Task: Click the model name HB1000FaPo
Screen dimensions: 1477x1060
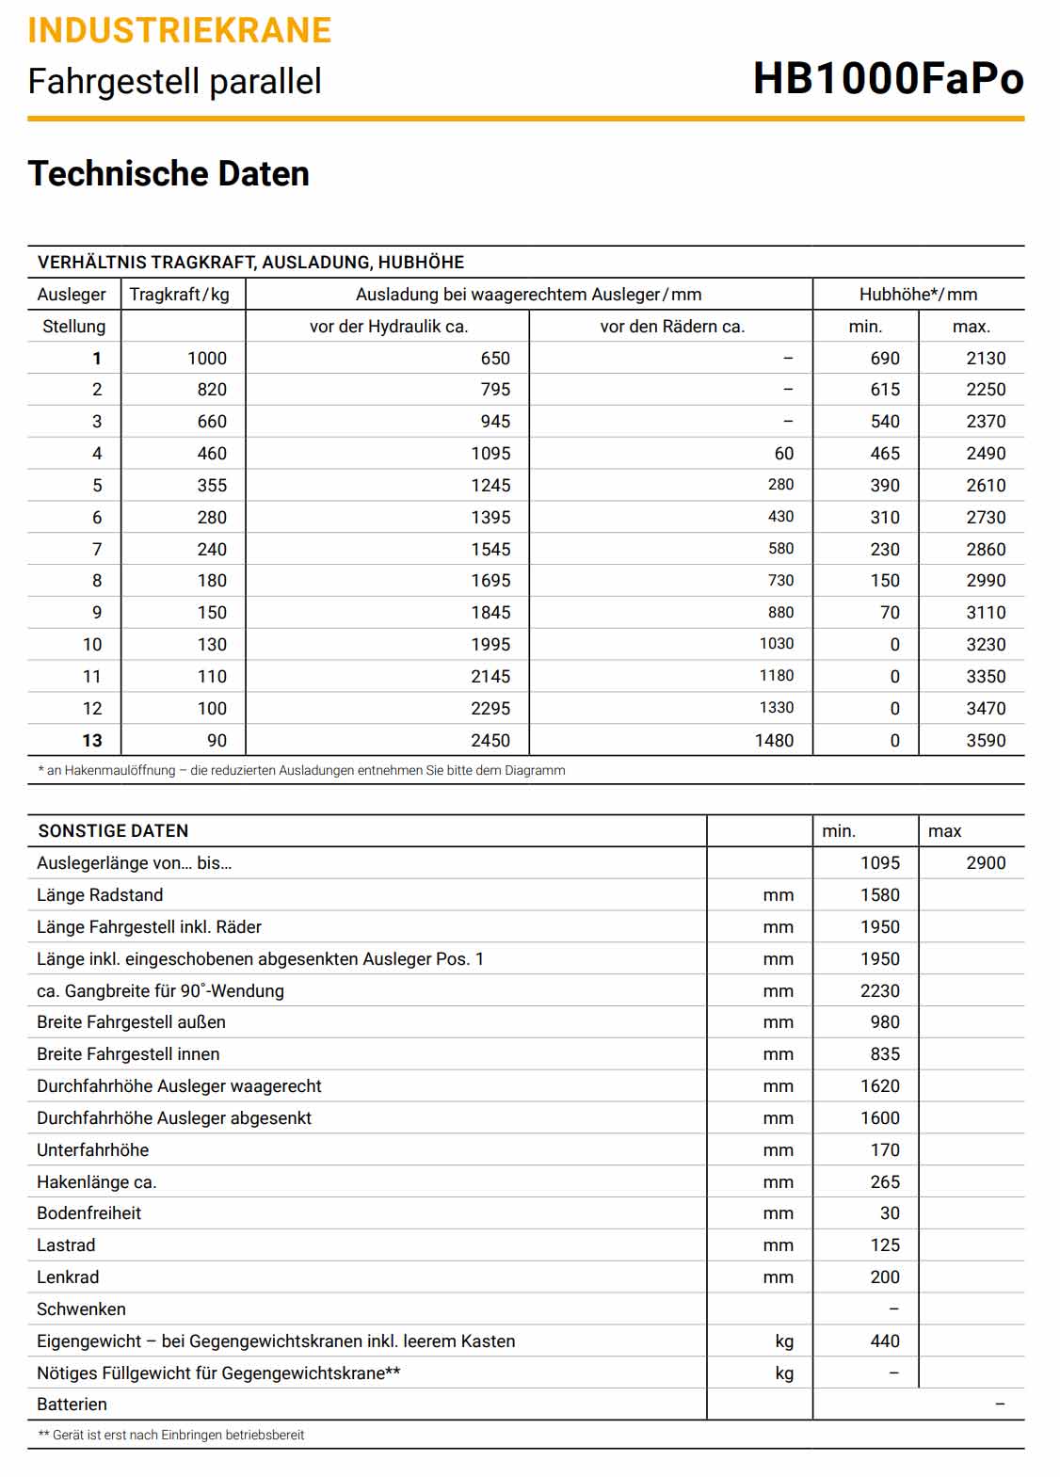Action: click(888, 79)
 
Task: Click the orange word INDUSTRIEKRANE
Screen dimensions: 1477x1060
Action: click(179, 31)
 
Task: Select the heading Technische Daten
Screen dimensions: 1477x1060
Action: click(169, 174)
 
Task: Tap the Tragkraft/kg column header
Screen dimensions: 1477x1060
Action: click(180, 295)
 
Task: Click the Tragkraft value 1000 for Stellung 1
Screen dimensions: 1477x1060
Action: click(207, 359)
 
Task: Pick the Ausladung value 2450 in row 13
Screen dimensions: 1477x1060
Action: click(490, 741)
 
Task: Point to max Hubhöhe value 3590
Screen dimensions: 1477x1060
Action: click(986, 741)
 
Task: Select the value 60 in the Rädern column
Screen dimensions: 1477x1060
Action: click(783, 454)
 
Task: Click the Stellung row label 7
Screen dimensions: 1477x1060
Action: click(96, 550)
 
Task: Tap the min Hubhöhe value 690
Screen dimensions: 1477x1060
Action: click(885, 359)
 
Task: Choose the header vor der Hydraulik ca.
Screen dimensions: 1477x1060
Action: click(389, 327)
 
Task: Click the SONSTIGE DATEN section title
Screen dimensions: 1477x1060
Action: click(113, 831)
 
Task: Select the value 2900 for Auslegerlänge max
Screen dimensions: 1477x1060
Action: click(986, 863)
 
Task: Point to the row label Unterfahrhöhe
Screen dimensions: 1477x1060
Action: click(92, 1150)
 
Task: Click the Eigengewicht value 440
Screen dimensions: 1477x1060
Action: click(885, 1341)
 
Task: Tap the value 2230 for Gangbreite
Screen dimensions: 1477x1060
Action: click(879, 991)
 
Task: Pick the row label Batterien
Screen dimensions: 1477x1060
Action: click(72, 1405)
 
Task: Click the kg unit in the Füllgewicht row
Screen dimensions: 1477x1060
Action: click(784, 1373)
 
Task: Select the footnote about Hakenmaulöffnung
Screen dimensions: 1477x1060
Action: click(301, 771)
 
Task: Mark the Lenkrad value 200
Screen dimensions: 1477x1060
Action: click(885, 1277)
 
